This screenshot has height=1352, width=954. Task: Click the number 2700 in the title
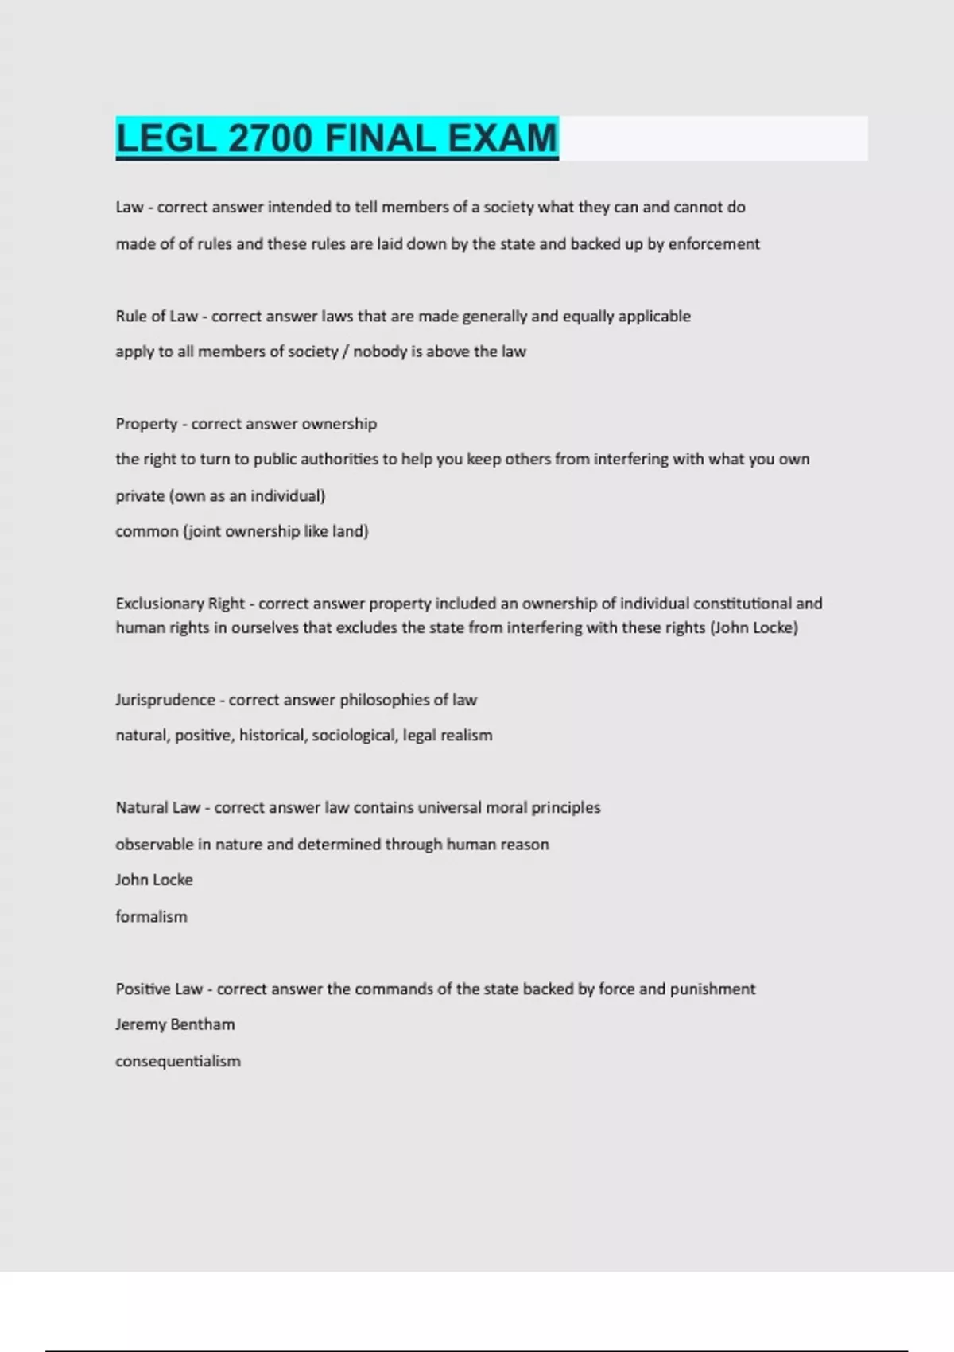point(270,138)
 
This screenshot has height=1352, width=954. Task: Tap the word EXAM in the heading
point(502,138)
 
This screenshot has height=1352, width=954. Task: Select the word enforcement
point(714,244)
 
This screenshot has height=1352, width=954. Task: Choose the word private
point(140,496)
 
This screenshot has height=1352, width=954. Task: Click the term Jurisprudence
point(165,701)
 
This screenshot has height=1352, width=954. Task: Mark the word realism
point(467,736)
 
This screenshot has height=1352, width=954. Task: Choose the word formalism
point(151,917)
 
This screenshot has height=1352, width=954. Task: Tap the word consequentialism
point(178,1062)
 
